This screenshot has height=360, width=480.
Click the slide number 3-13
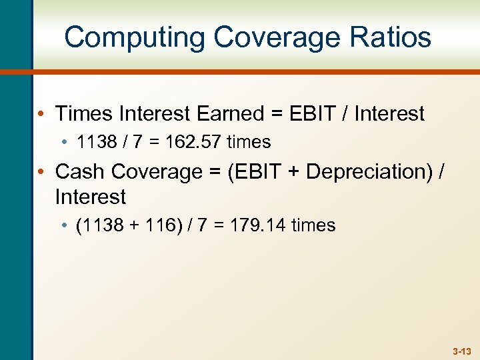[x=461, y=351]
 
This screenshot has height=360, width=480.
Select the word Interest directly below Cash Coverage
[x=90, y=197]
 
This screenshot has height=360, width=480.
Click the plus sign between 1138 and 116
[x=131, y=225]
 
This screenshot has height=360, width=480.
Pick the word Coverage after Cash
[x=157, y=171]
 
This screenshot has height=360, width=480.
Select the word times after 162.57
[x=249, y=142]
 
